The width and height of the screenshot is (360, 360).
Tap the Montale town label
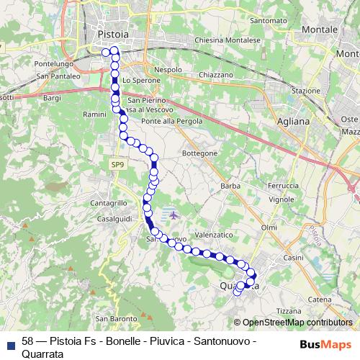(320, 30)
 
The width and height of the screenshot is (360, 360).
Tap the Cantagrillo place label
(109, 203)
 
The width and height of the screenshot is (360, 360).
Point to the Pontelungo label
(53, 63)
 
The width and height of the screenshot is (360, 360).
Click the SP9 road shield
(117, 165)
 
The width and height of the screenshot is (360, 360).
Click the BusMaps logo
(326, 344)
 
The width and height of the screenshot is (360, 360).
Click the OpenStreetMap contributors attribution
(297, 323)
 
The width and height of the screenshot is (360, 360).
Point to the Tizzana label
(303, 310)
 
